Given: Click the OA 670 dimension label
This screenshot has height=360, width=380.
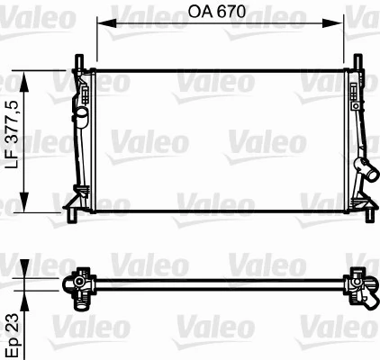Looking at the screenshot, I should pos(221,13).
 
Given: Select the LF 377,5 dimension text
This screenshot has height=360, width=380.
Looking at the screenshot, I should pos(12,139).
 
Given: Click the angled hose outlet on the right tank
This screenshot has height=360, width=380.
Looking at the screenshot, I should pos(366,168).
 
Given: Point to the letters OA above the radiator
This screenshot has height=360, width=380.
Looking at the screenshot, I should pos(202,13).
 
